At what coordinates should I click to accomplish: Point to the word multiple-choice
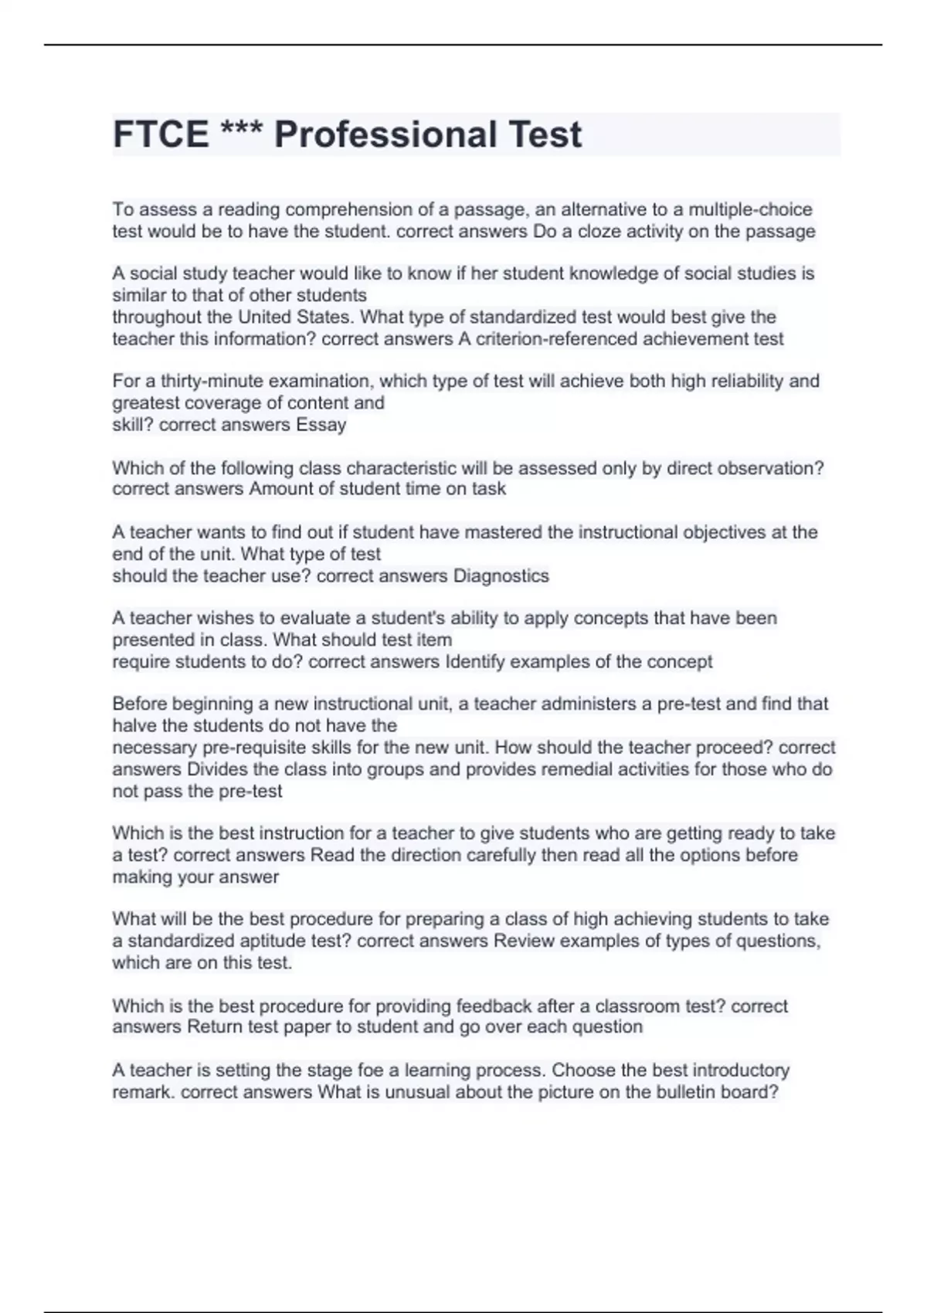(x=750, y=210)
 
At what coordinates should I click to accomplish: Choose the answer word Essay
(x=321, y=425)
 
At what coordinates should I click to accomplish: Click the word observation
(x=772, y=469)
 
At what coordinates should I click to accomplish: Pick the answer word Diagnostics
(x=501, y=576)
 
